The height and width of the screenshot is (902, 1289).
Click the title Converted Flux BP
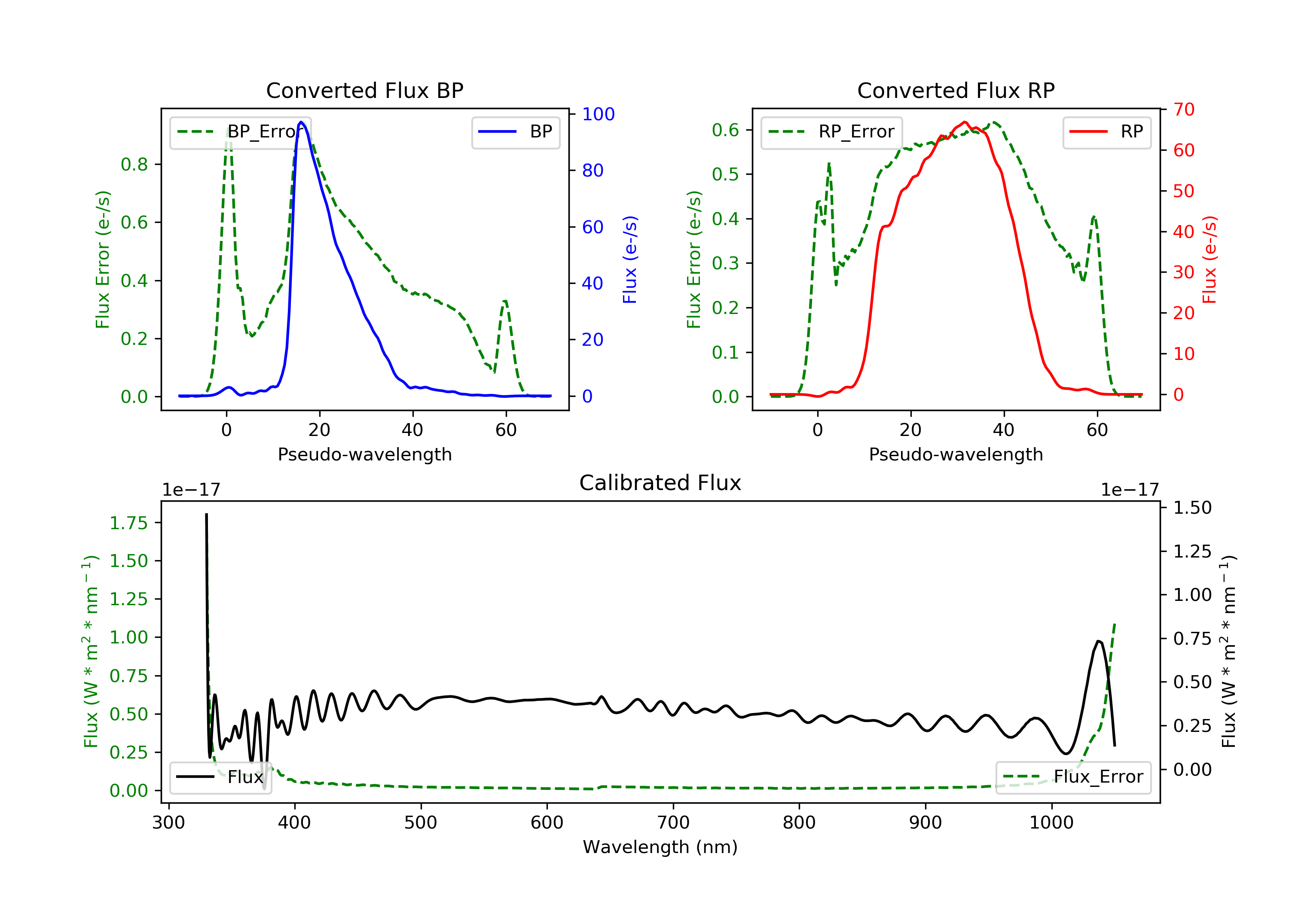[x=364, y=90]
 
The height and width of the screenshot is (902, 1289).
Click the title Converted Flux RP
[x=956, y=90]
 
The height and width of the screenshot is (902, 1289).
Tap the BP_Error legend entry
[x=240, y=132]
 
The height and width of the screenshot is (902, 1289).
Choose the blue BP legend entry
[x=515, y=132]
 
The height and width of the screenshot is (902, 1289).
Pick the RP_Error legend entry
[x=831, y=132]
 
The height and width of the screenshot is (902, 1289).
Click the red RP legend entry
[x=1106, y=132]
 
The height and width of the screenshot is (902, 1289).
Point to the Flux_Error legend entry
[x=1072, y=777]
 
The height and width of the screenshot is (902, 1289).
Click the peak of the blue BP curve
[x=301, y=122]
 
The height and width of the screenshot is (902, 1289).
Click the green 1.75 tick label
[x=128, y=523]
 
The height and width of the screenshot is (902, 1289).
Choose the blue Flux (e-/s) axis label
[x=630, y=259]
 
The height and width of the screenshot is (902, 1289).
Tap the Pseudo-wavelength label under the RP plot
[x=956, y=454]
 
